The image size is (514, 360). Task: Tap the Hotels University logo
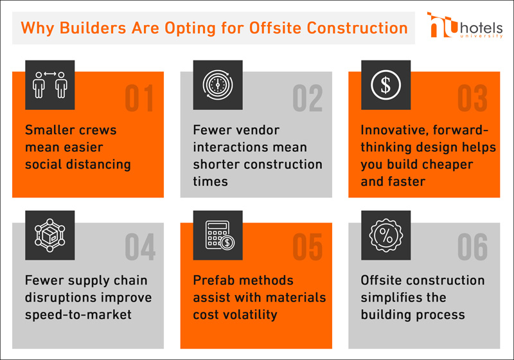(x=465, y=25)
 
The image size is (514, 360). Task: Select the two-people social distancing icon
(x=50, y=85)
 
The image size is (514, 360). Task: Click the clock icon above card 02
(x=218, y=85)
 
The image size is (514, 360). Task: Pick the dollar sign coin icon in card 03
(x=386, y=85)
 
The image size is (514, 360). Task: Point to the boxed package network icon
(x=50, y=235)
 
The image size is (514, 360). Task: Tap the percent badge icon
(x=386, y=235)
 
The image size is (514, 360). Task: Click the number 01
(x=139, y=98)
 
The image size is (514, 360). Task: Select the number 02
(x=308, y=98)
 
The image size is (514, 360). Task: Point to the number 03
(x=472, y=98)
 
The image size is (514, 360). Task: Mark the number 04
(x=140, y=247)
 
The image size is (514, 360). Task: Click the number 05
(x=308, y=247)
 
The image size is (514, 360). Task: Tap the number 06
(x=472, y=247)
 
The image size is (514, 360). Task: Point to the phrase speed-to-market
(x=78, y=315)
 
